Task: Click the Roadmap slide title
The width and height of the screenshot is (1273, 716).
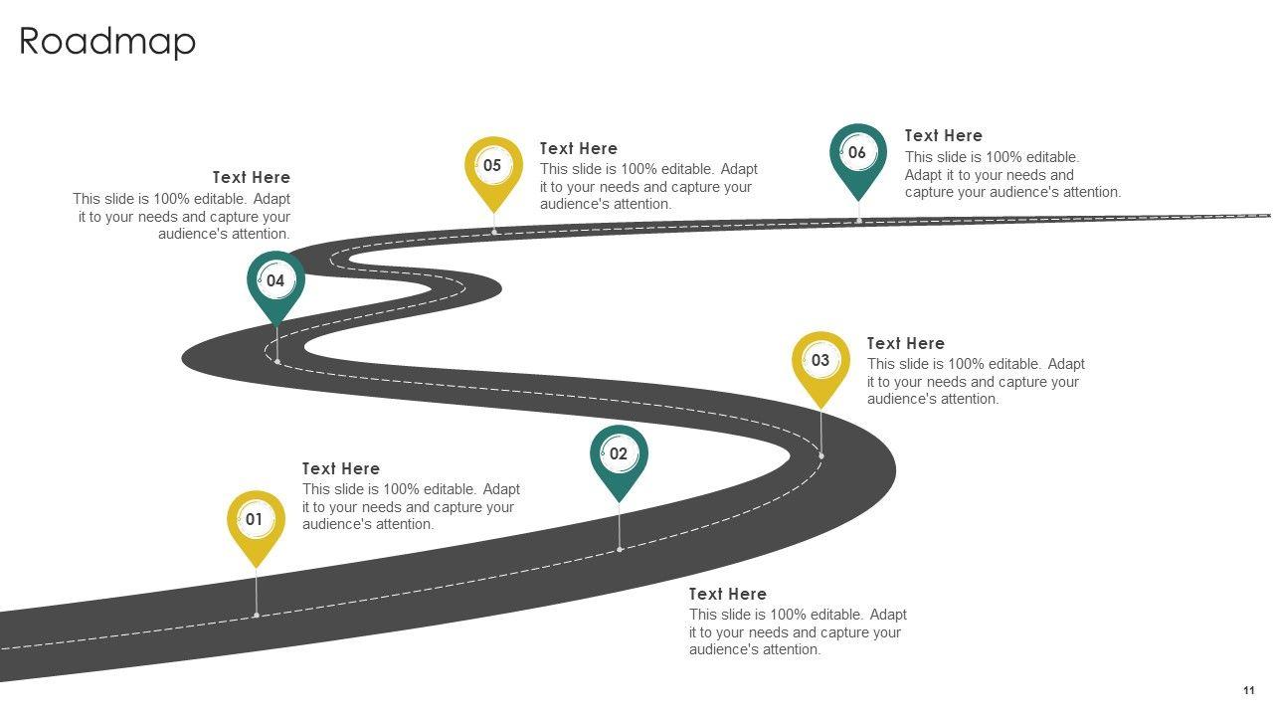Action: (x=107, y=42)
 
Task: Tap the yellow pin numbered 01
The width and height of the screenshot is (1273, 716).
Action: (x=256, y=520)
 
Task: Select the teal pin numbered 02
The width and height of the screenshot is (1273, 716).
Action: (x=619, y=455)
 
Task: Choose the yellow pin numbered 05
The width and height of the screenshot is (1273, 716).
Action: (x=493, y=167)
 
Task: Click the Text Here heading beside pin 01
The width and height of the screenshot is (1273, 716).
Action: (x=341, y=468)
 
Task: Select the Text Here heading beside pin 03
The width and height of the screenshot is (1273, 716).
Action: (x=905, y=343)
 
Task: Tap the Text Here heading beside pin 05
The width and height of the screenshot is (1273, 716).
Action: (x=578, y=148)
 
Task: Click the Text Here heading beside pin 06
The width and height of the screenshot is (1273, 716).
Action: (x=943, y=135)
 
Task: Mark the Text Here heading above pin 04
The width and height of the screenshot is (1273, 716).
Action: (x=252, y=177)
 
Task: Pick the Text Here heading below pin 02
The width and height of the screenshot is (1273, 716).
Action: (x=727, y=594)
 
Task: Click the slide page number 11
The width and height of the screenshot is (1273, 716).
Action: (x=1248, y=691)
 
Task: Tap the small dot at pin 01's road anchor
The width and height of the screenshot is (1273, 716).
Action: (x=257, y=615)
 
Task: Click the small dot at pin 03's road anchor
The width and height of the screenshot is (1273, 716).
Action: (x=821, y=455)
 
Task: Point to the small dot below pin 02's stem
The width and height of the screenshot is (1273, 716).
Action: (x=620, y=549)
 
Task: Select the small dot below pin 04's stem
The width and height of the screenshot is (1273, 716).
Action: (x=277, y=360)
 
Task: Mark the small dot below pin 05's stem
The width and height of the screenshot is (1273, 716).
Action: (x=494, y=232)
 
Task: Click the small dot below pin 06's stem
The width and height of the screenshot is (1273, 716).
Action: (x=859, y=220)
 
